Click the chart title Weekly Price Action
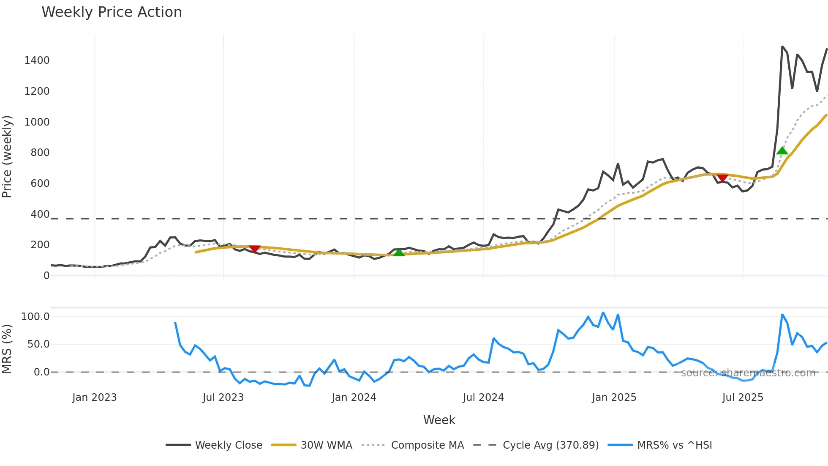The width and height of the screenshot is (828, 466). (x=112, y=12)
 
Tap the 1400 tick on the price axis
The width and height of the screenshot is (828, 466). (x=37, y=60)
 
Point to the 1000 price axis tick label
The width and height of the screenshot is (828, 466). (x=37, y=122)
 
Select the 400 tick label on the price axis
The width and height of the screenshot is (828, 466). (x=40, y=214)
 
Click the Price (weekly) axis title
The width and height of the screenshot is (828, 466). (x=7, y=156)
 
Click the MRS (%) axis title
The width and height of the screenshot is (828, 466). (x=7, y=349)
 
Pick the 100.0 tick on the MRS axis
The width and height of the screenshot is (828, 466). (x=35, y=317)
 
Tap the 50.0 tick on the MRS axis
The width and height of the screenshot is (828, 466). (x=38, y=344)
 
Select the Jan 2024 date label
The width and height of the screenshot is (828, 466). (x=354, y=397)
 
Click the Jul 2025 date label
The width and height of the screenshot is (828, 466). (x=743, y=397)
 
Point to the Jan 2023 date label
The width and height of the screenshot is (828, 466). (x=94, y=397)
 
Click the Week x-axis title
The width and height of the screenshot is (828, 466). (x=439, y=420)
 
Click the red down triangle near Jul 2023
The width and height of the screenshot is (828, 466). (x=255, y=249)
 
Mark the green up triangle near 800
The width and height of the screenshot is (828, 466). (x=782, y=151)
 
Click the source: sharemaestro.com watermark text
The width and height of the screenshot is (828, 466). (x=748, y=373)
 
